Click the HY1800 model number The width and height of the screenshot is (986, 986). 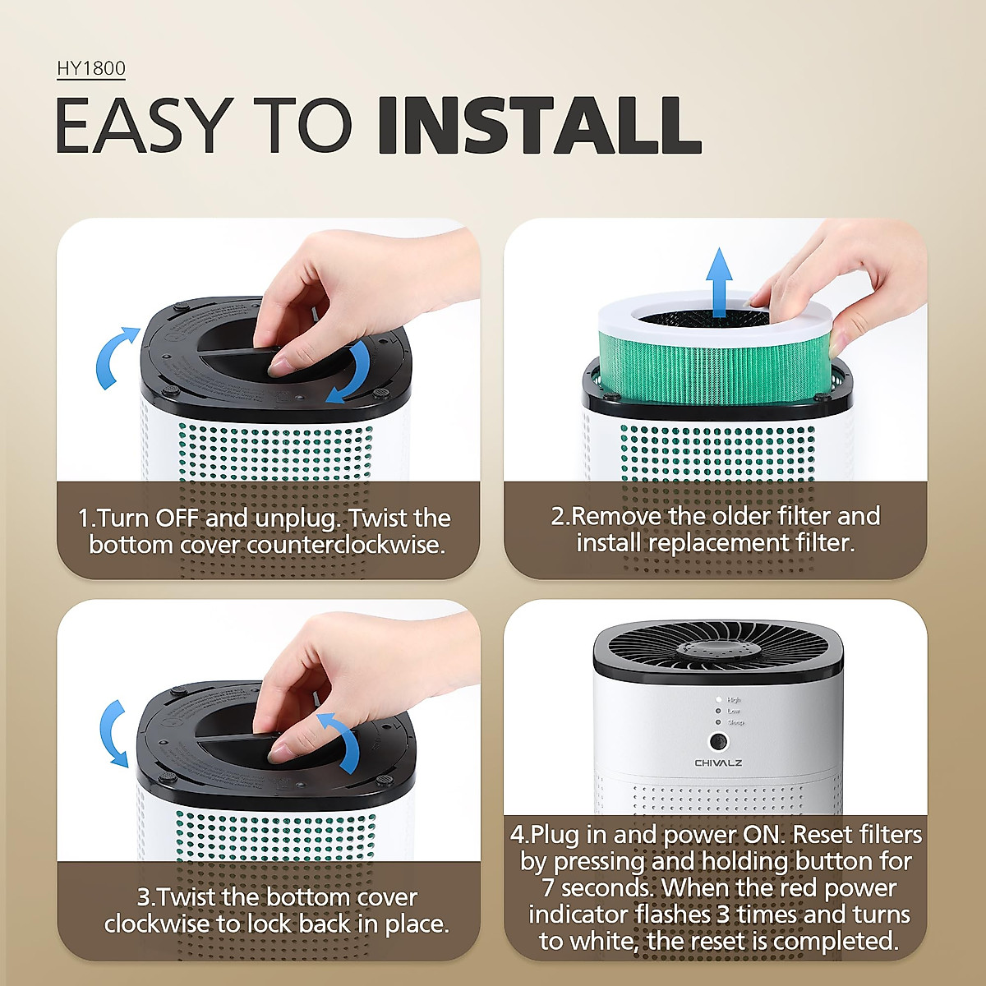tap(90, 68)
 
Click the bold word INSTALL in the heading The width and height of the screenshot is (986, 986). tap(538, 126)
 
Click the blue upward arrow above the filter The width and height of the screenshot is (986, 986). tap(719, 282)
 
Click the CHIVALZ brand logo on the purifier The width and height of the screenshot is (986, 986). tap(718, 763)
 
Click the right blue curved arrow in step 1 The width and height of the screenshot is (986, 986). tap(352, 374)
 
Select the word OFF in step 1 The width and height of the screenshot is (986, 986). tap(177, 518)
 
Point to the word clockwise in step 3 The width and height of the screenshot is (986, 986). tap(158, 924)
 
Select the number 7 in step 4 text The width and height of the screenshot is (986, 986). tap(548, 888)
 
